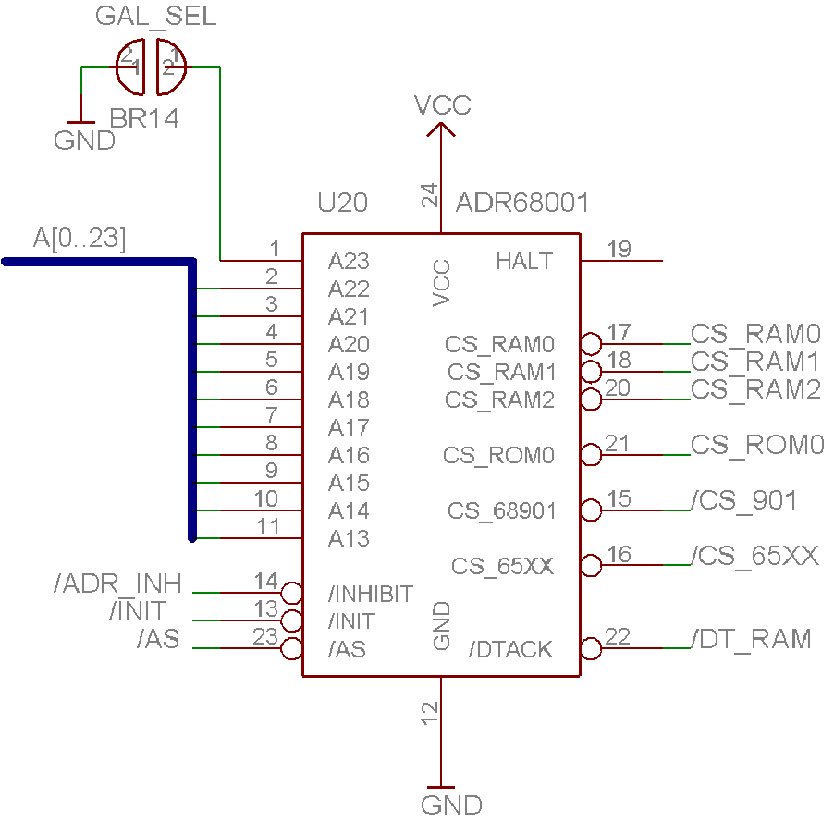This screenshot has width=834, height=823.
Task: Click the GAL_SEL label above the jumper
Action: point(156,17)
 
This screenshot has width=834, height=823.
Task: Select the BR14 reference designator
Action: point(144,118)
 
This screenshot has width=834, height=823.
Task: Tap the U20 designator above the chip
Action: point(342,203)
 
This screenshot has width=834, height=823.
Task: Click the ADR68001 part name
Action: point(522,203)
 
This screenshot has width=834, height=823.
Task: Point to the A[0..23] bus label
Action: point(80,238)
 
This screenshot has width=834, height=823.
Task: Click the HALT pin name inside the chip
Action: point(524,261)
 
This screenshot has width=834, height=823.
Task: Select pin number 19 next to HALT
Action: point(619,249)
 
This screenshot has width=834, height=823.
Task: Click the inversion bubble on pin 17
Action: point(591,344)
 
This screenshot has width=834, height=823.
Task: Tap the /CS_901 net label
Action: point(743,500)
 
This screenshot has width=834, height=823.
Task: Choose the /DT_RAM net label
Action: point(751,639)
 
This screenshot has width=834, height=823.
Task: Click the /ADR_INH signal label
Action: point(117,583)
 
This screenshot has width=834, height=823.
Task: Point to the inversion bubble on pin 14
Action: point(292,593)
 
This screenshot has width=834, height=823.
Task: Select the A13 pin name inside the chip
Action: point(349,539)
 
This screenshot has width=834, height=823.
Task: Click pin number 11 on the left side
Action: point(268,527)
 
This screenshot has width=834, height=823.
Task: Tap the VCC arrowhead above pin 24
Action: point(441,129)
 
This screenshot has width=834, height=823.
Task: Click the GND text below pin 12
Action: point(451,805)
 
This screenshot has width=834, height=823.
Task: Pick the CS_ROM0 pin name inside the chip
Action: point(499,455)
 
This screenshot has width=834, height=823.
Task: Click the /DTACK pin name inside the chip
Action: point(510,649)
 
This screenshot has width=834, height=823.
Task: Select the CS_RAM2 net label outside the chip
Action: point(755,390)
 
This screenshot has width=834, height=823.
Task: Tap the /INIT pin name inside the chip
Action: point(351,621)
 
